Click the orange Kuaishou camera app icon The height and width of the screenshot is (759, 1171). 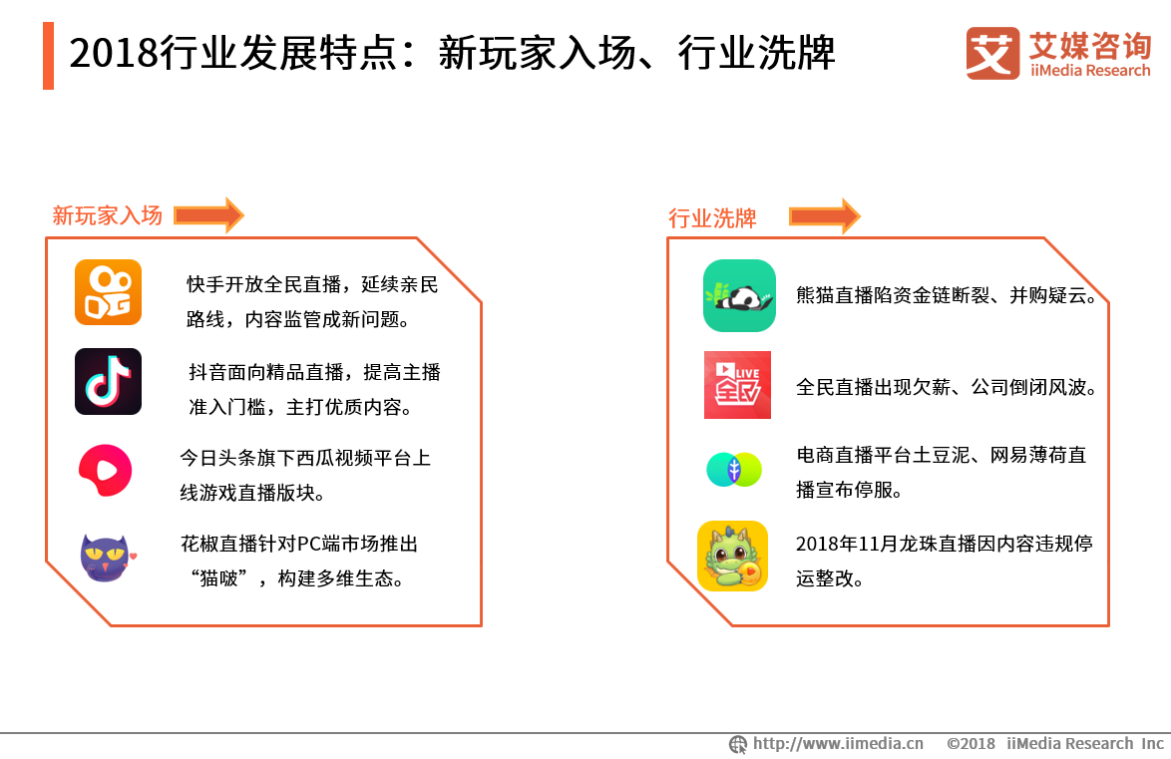point(109,292)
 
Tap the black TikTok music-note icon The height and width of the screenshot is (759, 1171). point(109,381)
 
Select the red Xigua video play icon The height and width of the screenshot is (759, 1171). point(106,471)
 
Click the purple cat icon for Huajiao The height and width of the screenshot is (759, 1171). point(107,558)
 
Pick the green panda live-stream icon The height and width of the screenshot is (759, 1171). point(739,296)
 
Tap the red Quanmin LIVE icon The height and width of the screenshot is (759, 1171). point(738,385)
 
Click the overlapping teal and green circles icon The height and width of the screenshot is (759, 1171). point(734,470)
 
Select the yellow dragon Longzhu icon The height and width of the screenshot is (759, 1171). point(732,556)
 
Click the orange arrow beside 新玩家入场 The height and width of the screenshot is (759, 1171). point(209,215)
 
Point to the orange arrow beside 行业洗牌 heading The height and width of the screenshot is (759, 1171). point(825,216)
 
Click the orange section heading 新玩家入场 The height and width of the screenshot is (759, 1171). point(108,215)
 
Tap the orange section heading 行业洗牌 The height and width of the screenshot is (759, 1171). point(712,218)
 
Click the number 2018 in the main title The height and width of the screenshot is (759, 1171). point(114,54)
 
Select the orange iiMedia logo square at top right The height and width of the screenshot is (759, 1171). point(992,53)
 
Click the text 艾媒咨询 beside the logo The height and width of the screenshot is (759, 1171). point(1090,46)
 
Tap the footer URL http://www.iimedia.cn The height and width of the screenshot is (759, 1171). point(838,743)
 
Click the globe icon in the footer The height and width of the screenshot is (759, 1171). point(738,744)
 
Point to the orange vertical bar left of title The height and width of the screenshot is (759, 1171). point(49,56)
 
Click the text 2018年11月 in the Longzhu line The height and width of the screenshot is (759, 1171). point(847,544)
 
